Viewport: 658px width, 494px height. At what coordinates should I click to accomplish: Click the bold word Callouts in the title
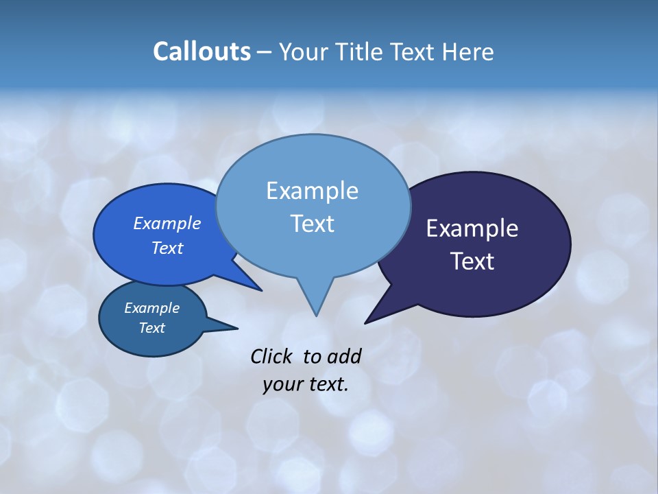202,51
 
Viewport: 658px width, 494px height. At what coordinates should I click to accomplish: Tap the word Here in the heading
466,52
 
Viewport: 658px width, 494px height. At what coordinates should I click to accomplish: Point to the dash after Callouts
265,52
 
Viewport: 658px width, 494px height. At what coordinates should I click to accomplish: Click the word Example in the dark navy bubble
472,228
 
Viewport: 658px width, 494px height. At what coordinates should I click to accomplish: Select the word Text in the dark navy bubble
472,261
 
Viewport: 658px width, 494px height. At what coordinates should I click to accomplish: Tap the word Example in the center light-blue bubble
312,191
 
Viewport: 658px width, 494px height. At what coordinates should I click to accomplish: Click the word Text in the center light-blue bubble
312,224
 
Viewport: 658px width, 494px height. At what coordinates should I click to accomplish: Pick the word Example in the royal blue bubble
167,223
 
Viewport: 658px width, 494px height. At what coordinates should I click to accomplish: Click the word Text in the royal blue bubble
167,248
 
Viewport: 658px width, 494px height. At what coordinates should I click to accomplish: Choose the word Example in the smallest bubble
151,308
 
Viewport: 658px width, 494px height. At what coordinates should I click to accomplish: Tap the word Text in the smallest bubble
151,328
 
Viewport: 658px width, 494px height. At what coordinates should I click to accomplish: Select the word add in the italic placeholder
343,356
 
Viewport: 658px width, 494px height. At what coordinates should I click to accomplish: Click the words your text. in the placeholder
306,384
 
